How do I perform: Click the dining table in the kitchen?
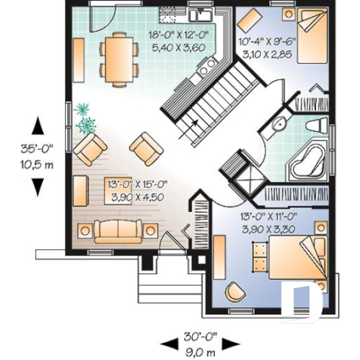117,59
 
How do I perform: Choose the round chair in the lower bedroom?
226,246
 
